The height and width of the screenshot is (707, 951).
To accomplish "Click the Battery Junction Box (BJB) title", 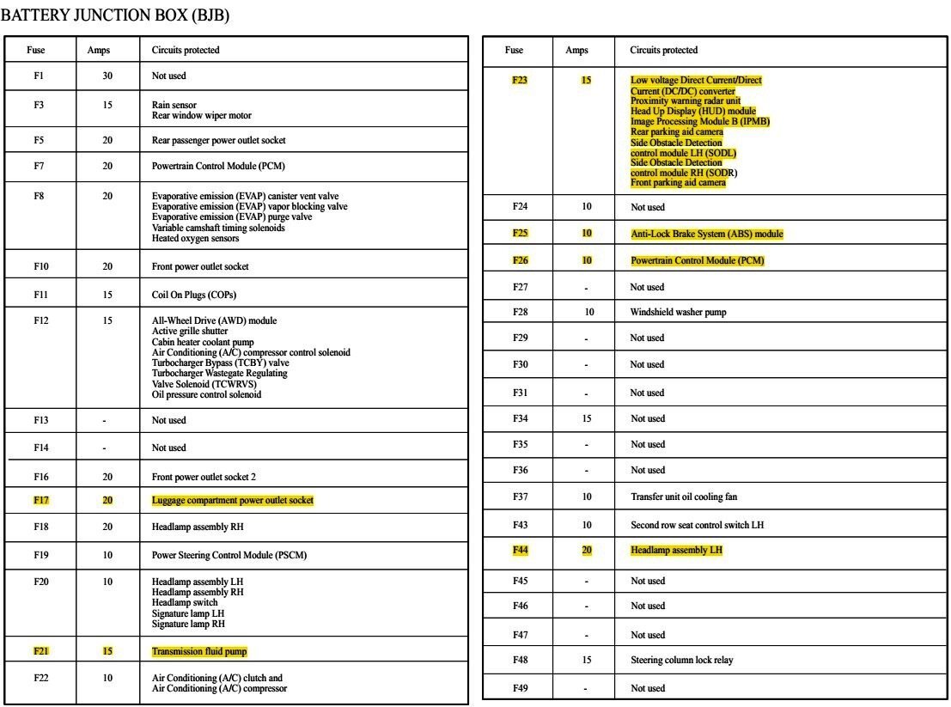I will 115,15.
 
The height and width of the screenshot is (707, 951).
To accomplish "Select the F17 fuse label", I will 40,500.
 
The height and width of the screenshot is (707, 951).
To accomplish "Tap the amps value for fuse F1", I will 107,76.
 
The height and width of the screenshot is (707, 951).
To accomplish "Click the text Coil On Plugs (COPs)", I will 194,295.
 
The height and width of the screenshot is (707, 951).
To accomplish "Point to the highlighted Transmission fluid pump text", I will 199,651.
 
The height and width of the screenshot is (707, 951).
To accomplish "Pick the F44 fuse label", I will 520,550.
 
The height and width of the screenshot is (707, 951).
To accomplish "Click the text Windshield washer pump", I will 678,312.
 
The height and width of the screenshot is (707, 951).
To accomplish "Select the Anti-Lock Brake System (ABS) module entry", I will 706,234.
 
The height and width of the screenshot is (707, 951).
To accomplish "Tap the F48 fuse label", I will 520,660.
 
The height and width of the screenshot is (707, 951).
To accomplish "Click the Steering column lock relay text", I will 681,660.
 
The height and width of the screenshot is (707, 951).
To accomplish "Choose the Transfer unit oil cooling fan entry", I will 683,497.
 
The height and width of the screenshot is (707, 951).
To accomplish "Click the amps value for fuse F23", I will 586,81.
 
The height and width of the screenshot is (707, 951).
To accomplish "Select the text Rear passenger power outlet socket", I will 218,140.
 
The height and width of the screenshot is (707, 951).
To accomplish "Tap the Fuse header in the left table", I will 36,50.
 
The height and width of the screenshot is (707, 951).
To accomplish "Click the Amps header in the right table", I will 576,50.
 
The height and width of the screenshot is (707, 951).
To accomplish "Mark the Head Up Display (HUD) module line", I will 692,111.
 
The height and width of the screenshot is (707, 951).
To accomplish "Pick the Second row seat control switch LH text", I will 697,525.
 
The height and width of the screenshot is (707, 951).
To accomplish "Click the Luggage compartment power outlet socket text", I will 232,500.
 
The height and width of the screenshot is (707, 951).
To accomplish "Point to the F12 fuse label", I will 40,320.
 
